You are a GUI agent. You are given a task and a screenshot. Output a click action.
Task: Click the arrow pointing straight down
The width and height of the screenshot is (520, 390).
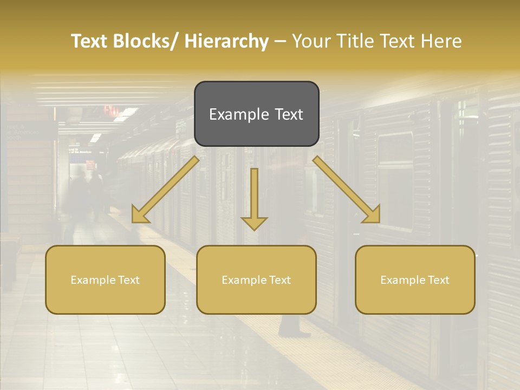pyautogui.click(x=254, y=200)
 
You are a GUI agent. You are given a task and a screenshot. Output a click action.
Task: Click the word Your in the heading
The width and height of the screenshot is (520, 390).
pyautogui.click(x=312, y=42)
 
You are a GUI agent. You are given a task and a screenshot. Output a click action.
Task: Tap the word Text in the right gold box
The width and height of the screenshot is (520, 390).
pyautogui.click(x=438, y=280)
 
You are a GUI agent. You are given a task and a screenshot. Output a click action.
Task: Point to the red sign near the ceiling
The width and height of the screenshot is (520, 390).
pyautogui.click(x=111, y=110)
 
